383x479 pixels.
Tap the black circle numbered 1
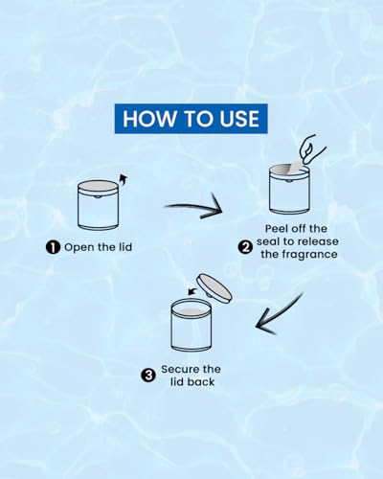coord(53,247)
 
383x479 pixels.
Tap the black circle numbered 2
coord(245,247)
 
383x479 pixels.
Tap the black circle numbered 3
coord(148,376)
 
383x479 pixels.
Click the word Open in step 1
coord(79,247)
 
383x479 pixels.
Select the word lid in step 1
coord(124,247)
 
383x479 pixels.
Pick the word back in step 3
coord(201,382)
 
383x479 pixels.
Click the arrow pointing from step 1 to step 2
coord(193,207)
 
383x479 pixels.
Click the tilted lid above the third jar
coord(214,288)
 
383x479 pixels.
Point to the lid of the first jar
coord(98,186)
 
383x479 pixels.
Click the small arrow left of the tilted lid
coord(191,290)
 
